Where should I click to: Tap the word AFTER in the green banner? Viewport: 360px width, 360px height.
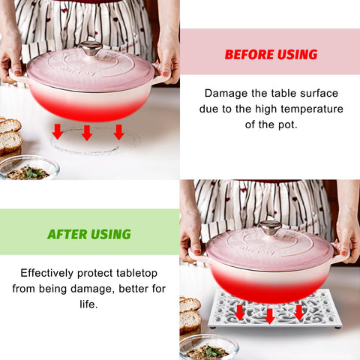67,234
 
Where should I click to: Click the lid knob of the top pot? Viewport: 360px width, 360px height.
91,48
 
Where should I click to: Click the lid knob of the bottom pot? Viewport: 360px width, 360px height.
270,227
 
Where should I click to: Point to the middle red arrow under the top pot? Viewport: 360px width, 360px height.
87,133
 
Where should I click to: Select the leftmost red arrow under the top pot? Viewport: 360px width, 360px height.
58,131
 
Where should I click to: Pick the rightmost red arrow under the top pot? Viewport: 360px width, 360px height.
118,132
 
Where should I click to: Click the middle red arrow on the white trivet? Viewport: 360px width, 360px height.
269,316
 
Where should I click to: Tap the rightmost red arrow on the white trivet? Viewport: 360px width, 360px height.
299,313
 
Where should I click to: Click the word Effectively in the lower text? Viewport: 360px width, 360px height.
47,273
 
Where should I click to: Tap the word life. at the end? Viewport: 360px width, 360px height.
88,304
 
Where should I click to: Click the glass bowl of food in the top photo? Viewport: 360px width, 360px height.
29,168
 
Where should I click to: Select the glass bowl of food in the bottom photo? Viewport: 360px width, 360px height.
209,348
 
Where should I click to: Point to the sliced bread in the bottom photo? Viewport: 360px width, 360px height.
190,314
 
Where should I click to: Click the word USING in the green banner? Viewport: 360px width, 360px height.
111,234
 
